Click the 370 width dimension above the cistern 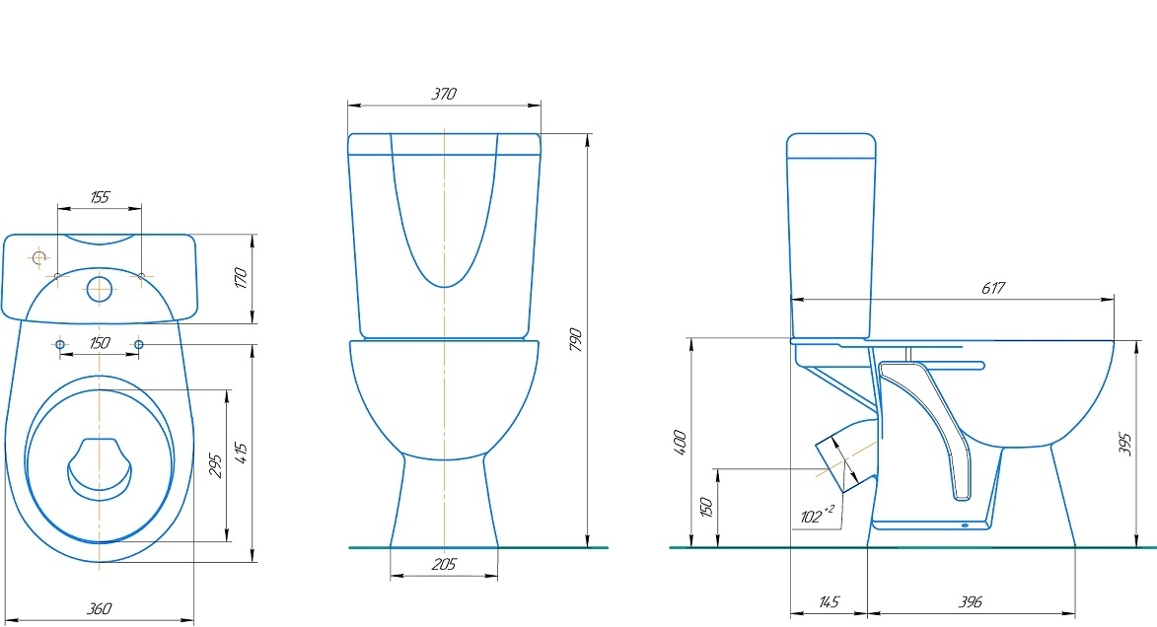pos(444,94)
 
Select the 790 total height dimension pos(576,339)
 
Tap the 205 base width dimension pos(444,564)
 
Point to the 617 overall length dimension pos(993,288)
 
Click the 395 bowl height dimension pos(1124,444)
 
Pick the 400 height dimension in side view pos(681,443)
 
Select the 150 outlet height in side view pos(706,508)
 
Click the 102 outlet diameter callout pos(817,515)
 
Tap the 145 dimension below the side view pos(829,602)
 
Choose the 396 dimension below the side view pos(971,602)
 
